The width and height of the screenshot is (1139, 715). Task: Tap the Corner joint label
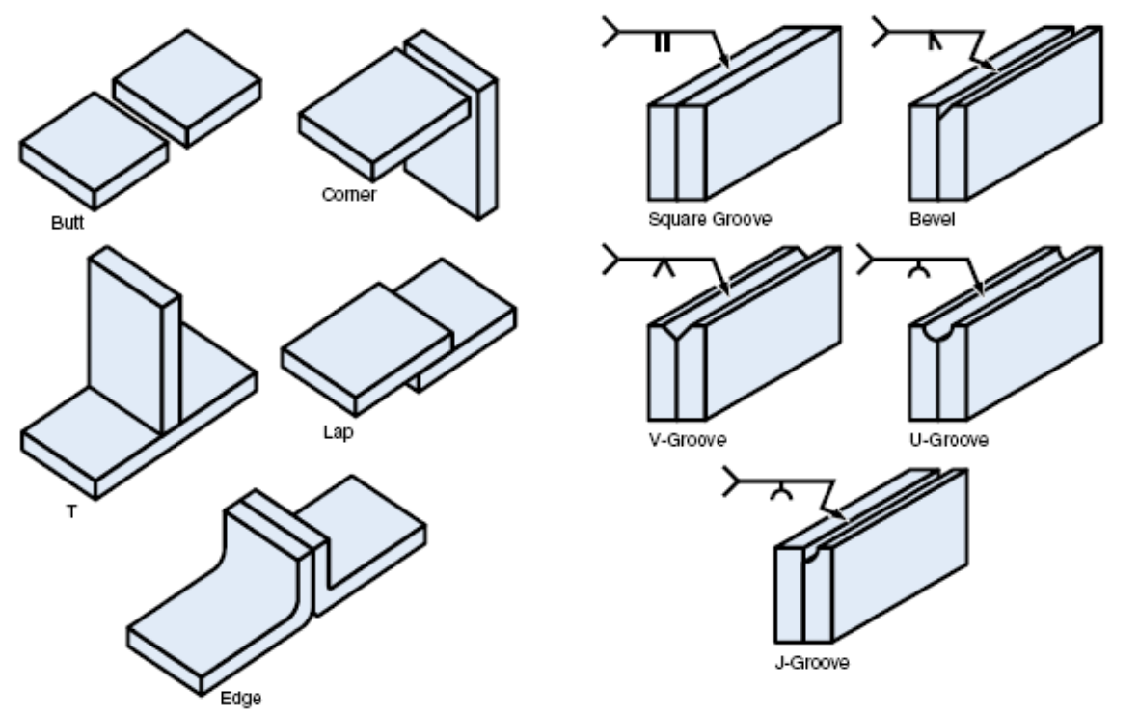pos(348,194)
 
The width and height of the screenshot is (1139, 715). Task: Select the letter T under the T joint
pos(70,511)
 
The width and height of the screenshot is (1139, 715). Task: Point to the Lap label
pos(338,432)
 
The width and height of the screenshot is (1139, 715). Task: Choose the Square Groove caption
pos(710,219)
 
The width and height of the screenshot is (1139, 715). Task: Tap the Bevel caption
pos(932,219)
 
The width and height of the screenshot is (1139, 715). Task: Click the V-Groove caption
pos(688,440)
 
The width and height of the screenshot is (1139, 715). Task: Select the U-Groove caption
pos(950,440)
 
